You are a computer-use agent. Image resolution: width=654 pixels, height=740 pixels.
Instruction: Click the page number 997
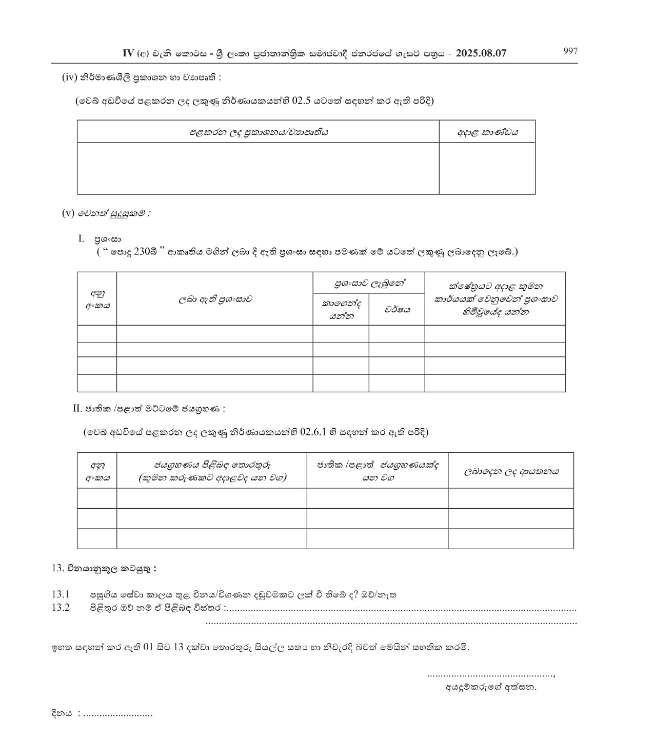[x=570, y=51]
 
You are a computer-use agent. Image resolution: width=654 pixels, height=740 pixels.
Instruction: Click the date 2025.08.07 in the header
[x=481, y=53]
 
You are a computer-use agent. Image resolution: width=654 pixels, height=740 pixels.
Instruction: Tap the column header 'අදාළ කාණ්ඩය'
[x=487, y=132]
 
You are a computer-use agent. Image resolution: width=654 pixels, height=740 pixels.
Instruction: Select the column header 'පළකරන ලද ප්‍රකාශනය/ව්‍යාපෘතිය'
[x=259, y=132]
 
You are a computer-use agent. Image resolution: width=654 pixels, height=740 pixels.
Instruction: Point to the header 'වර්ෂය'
[x=397, y=310]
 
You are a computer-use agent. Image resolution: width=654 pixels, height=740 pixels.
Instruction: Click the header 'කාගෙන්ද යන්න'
[x=341, y=310]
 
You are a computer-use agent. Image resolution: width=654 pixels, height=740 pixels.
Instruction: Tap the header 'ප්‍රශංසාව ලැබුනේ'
[x=369, y=283]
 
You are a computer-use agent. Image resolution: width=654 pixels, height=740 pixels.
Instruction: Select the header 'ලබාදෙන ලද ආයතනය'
[x=511, y=471]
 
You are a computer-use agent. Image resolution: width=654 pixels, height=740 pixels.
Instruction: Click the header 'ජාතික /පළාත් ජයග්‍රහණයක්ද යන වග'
[x=378, y=471]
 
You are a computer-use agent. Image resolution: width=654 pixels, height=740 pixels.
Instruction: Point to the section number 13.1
[x=60, y=595]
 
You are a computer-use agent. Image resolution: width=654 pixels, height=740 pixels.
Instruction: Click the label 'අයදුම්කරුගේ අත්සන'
[x=491, y=687]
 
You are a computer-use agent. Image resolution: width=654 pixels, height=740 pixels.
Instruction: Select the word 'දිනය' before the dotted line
[x=62, y=713]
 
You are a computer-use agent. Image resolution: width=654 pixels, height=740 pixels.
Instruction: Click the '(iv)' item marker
[x=69, y=77]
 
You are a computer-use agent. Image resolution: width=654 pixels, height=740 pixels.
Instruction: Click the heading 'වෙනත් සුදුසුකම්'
[x=114, y=214]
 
